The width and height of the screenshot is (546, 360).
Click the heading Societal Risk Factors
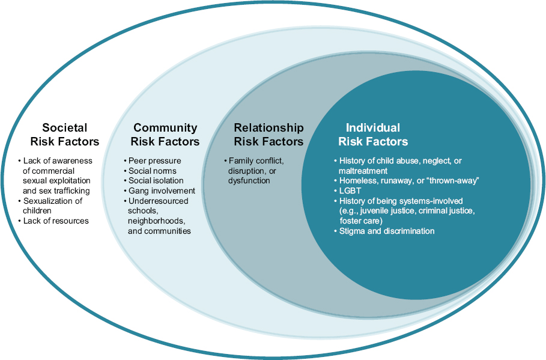click(x=65, y=135)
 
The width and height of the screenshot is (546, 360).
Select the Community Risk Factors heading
click(x=165, y=135)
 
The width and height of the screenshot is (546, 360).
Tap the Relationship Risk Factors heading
click(x=268, y=135)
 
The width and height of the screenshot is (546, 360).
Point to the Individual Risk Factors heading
click(x=373, y=135)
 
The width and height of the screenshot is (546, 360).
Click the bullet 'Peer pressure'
click(x=154, y=161)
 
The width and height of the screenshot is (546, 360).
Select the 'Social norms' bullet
click(x=153, y=171)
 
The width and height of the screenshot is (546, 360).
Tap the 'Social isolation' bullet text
click(x=156, y=180)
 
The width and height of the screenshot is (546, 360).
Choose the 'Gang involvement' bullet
click(x=162, y=191)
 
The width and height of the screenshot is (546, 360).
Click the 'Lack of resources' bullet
click(x=56, y=221)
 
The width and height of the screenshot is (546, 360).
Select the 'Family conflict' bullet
click(x=255, y=161)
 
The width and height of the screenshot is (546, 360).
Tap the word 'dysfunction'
click(x=249, y=180)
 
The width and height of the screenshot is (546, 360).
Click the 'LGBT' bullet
click(x=350, y=191)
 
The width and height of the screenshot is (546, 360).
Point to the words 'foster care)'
click(x=360, y=221)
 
